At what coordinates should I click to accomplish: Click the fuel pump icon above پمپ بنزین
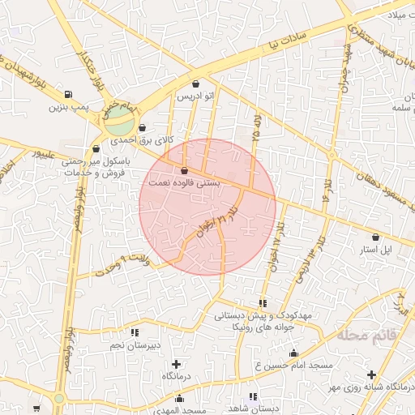[x=67, y=94]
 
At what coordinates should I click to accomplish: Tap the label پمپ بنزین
[x=66, y=106]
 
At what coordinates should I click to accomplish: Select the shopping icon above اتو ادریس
[x=196, y=83]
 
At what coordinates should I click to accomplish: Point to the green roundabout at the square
[x=119, y=124]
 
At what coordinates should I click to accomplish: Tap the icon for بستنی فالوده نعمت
[x=186, y=171]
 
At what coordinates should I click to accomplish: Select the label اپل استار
[x=377, y=250]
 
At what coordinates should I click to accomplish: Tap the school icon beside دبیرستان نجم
[x=135, y=332]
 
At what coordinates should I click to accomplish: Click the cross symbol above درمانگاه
[x=177, y=363]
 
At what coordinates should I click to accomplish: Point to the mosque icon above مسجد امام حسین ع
[x=293, y=353]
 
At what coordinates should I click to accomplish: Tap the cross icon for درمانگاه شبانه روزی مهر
[x=371, y=374]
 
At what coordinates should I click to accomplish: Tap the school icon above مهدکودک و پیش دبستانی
[x=261, y=303]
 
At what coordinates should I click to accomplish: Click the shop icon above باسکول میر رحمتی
[x=97, y=148]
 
